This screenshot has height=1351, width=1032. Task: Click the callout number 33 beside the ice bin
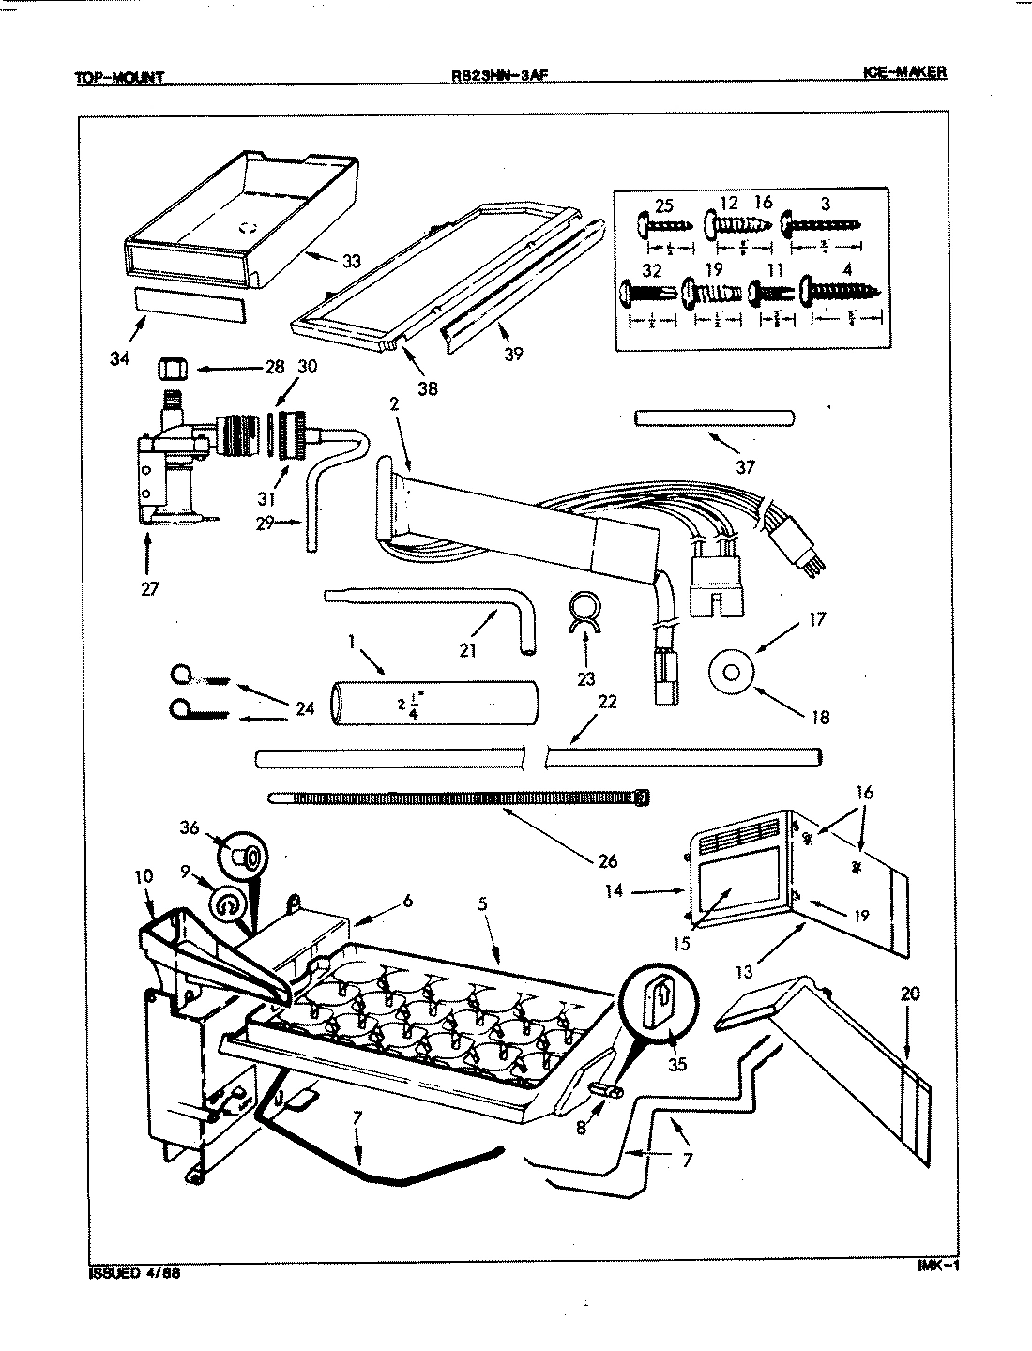point(351,262)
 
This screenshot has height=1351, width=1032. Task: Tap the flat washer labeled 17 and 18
point(732,672)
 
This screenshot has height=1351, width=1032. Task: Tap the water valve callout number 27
point(149,589)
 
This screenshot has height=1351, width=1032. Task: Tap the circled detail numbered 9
point(229,905)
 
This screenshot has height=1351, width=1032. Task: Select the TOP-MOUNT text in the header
point(119,78)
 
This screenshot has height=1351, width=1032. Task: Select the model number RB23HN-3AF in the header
point(492,77)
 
